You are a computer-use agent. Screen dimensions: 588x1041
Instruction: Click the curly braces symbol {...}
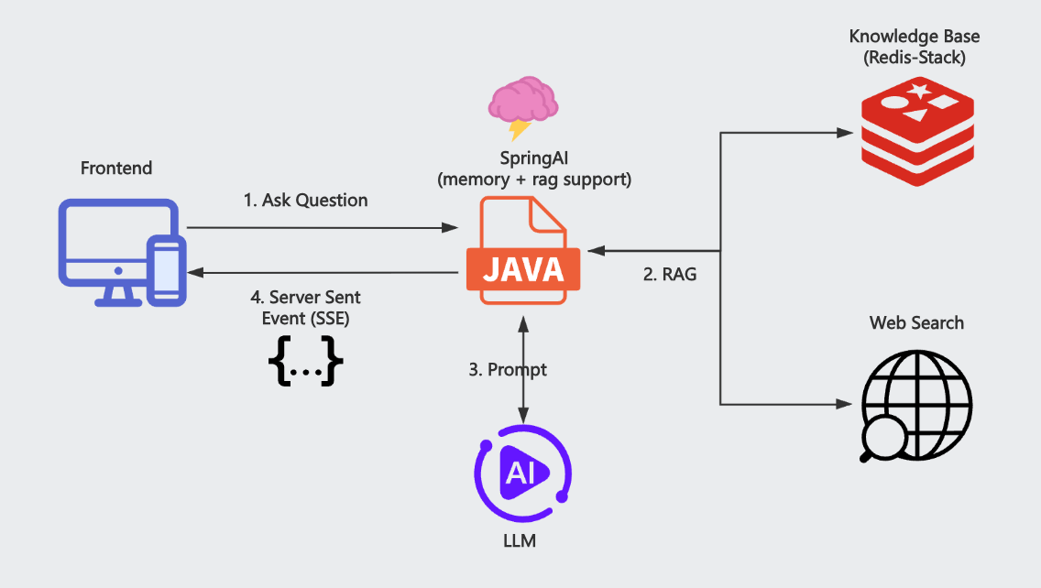305,363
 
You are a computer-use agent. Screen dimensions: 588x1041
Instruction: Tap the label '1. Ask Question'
305,201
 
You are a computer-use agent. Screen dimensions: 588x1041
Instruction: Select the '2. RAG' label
668,273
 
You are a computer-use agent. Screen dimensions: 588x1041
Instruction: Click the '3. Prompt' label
508,370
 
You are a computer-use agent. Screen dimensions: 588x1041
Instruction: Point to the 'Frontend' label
116,169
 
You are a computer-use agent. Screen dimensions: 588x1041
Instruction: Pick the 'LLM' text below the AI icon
520,541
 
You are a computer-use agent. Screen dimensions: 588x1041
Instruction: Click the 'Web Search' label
916,322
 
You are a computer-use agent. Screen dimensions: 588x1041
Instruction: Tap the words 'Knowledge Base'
915,37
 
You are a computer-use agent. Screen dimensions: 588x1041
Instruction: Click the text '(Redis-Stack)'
915,58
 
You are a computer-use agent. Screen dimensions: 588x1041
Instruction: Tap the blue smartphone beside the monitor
166,270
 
